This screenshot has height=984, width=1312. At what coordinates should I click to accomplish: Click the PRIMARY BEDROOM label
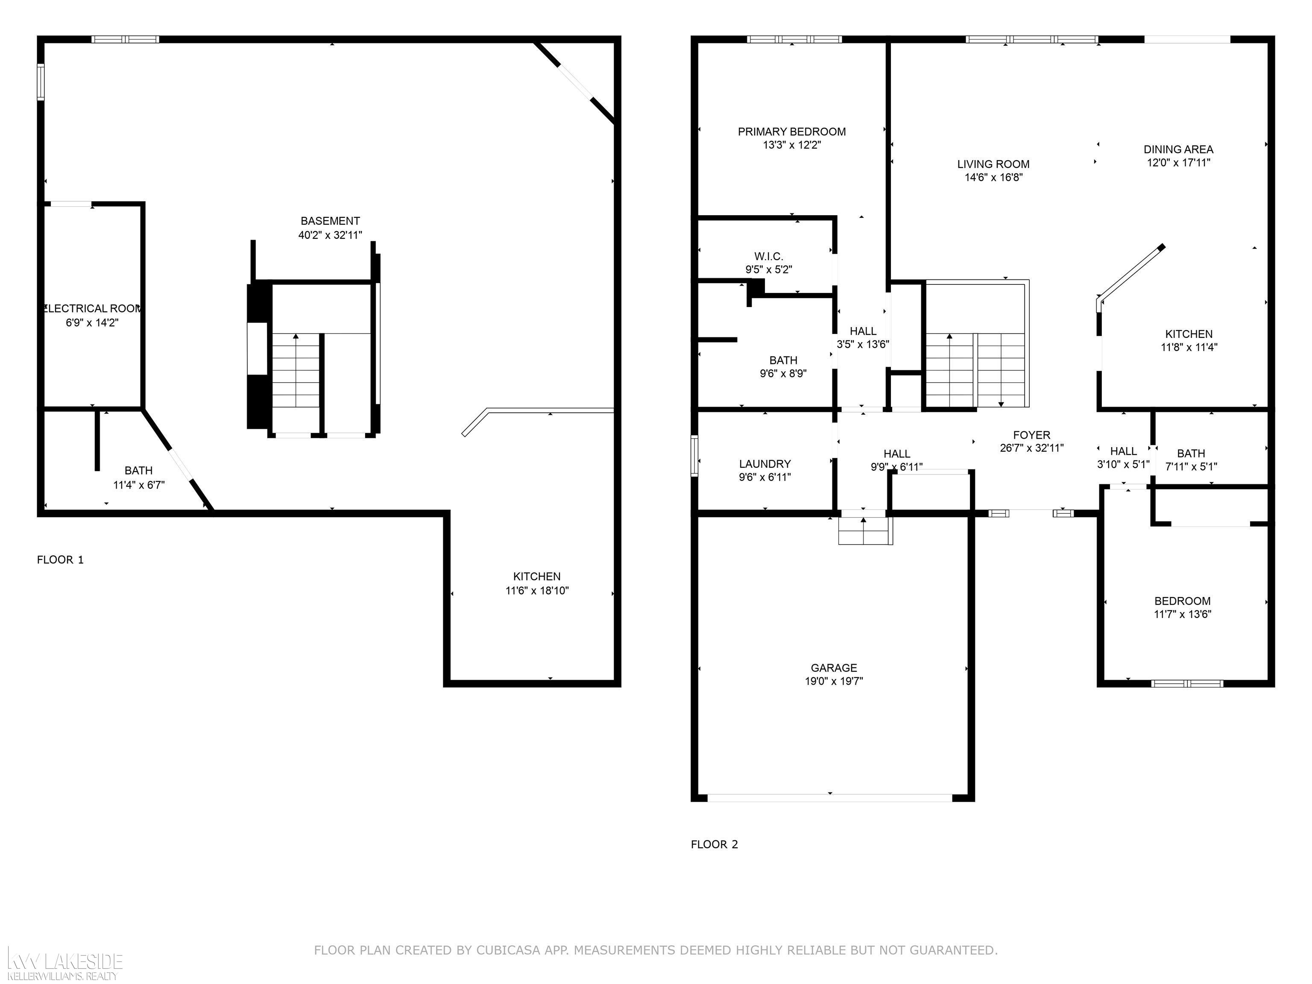point(791,132)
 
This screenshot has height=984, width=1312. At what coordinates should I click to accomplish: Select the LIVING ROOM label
point(993,164)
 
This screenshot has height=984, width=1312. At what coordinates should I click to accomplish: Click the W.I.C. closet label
point(769,256)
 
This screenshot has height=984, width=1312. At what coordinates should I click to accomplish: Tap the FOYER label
point(1031,435)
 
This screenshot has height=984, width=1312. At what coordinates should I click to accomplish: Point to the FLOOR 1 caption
point(61,559)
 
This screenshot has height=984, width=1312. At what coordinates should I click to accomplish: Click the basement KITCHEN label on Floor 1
point(537,577)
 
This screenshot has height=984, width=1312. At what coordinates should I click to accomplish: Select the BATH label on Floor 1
point(138,470)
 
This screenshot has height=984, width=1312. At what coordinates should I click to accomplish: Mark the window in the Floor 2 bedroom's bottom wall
point(1187,683)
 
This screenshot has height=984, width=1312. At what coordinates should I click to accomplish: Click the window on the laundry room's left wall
point(694,456)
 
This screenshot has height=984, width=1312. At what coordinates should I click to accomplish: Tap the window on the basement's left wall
point(40,82)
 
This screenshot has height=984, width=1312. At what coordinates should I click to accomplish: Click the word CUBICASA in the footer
point(508,950)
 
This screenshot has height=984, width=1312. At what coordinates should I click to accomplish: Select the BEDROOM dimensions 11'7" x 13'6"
point(1182,615)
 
